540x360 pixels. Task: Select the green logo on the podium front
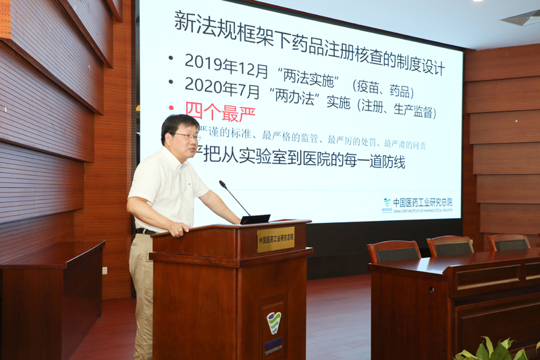[x=273, y=323]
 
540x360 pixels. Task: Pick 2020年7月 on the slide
[x=217, y=86]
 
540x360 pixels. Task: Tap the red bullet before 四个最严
[x=171, y=108]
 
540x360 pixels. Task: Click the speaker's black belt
[x=144, y=231]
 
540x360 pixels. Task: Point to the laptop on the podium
[x=255, y=219]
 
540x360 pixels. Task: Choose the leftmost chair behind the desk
[x=394, y=251]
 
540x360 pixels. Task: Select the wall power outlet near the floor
[x=105, y=271]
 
